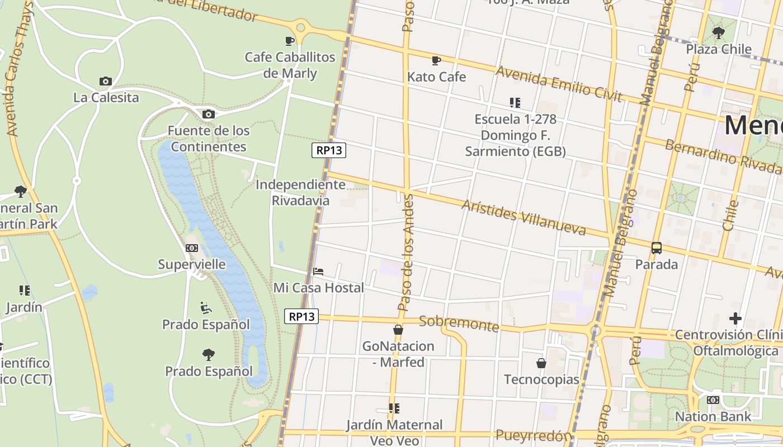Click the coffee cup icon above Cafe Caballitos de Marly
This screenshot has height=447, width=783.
click(x=289, y=41)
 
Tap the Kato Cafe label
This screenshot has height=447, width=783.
click(x=436, y=77)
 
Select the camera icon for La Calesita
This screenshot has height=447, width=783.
click(x=105, y=82)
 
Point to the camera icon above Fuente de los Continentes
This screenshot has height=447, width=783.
click(x=208, y=115)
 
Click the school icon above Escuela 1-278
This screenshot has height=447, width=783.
click(x=515, y=103)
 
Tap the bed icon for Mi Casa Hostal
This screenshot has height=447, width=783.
click(x=318, y=272)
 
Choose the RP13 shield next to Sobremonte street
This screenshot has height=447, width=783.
click(x=301, y=316)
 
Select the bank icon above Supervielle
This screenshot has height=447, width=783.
click(x=192, y=248)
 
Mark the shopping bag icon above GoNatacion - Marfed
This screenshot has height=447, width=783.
click(x=398, y=330)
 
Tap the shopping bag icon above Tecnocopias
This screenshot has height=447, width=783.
click(x=541, y=363)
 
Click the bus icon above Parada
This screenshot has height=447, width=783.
click(x=657, y=248)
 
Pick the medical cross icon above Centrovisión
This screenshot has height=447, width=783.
click(x=735, y=318)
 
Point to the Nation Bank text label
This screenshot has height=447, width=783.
click(x=713, y=416)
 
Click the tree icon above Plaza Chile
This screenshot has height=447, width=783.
click(x=719, y=33)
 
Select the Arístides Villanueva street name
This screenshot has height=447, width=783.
click(x=523, y=217)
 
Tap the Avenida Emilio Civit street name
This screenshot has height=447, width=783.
click(x=559, y=84)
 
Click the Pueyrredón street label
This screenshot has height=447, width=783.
click(x=534, y=435)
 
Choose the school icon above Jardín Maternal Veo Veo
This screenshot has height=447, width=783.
click(x=394, y=408)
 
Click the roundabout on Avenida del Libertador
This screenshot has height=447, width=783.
click(x=301, y=26)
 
